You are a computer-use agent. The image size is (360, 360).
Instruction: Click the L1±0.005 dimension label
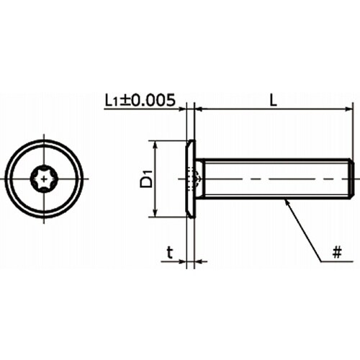coord(140,100)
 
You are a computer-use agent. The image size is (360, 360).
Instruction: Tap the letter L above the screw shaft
coord(273,100)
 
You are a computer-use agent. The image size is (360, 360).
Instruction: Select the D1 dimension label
coord(147,179)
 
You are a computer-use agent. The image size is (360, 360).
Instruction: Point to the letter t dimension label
coord(170,253)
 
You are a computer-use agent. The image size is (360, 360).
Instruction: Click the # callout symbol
coord(337,252)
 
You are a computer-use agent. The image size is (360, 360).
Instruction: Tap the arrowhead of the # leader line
coord(287,202)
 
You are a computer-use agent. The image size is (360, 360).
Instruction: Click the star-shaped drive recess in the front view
coord(44,179)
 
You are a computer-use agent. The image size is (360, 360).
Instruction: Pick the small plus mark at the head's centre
coord(44,179)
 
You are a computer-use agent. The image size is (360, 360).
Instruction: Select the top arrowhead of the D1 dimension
coord(156,145)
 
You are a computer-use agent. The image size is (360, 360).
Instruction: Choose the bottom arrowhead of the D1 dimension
coord(156,212)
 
